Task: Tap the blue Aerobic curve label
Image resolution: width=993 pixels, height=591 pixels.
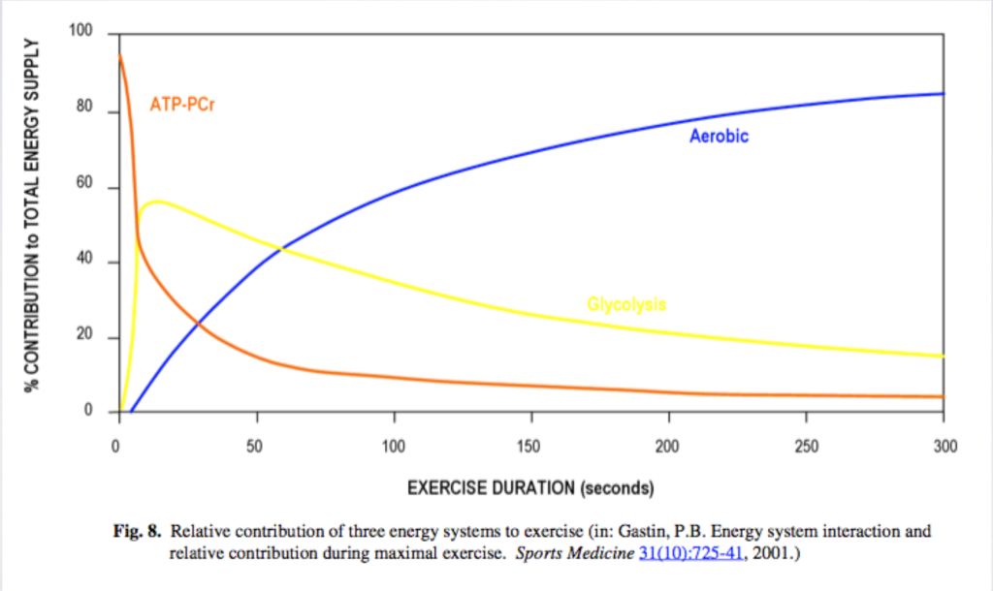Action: point(719,137)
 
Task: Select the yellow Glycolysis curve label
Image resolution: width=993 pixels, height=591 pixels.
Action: point(626,304)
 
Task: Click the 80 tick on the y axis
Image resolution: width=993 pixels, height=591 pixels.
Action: point(84,109)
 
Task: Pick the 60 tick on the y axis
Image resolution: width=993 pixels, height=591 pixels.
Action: point(84,185)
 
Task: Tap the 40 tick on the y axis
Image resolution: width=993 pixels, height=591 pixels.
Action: point(84,261)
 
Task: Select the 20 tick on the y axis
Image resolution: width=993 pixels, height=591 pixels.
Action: point(84,336)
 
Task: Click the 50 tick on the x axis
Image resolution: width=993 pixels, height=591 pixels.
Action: point(256,446)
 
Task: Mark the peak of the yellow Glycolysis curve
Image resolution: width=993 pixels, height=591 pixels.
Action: point(157,202)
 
